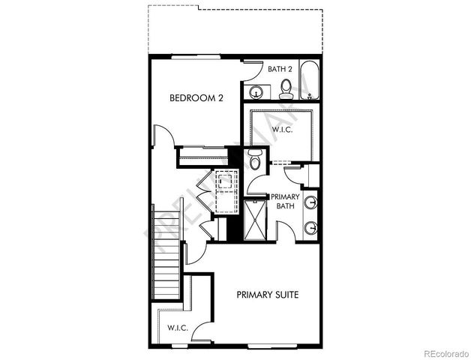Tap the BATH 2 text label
[x=279, y=69]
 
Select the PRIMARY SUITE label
[x=268, y=295]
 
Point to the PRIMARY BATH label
[x=286, y=202]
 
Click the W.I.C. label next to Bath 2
[x=282, y=130]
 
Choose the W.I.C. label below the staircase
[x=177, y=328]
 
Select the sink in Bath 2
[x=256, y=92]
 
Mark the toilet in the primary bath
[x=255, y=160]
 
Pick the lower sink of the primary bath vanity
[x=310, y=227]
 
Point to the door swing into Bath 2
[x=252, y=70]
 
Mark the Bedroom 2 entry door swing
[x=166, y=138]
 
